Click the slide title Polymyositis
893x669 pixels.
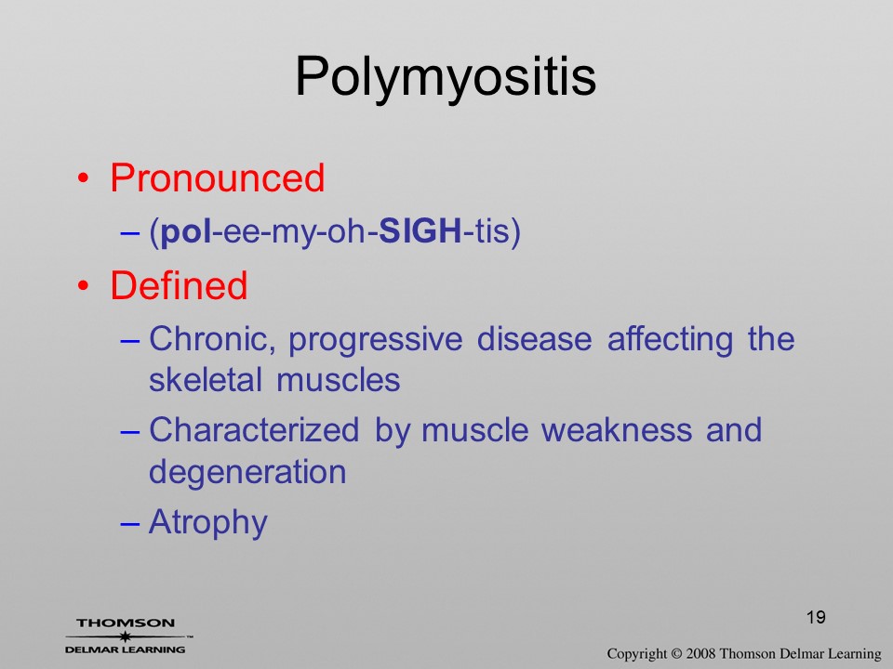click(x=446, y=78)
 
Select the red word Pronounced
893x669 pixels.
click(x=217, y=177)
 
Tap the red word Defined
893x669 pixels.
click(x=179, y=285)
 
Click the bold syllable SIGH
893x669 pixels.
click(x=420, y=230)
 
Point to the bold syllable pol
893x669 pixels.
click(x=186, y=231)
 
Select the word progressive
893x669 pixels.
click(x=375, y=340)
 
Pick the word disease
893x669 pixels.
click(x=534, y=339)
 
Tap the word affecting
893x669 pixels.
click(x=670, y=340)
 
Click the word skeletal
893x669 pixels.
click(x=205, y=380)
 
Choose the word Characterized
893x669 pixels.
click(x=254, y=429)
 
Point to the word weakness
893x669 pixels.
click(x=616, y=429)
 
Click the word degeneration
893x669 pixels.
click(x=247, y=472)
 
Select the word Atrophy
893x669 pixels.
click(x=207, y=522)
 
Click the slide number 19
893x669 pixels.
click(x=816, y=617)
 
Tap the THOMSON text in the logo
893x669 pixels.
click(x=126, y=623)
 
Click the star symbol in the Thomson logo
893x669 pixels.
click(x=125, y=636)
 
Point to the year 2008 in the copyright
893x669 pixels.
click(x=700, y=653)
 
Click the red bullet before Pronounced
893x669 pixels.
click(x=84, y=178)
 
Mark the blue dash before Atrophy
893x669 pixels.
click(x=130, y=523)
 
